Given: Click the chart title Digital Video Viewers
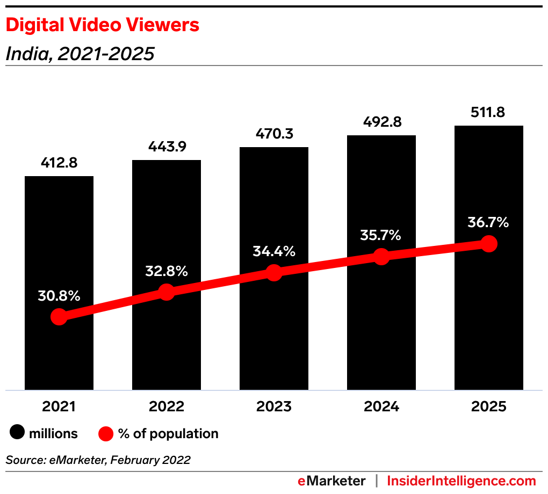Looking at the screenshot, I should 102,25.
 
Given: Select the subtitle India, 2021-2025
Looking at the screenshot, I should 80,54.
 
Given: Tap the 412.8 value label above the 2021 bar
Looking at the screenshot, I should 59,163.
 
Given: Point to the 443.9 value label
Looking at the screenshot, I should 167,147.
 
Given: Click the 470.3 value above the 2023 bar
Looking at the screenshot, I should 274,134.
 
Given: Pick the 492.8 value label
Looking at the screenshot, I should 381,122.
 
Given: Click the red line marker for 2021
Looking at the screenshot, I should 59,317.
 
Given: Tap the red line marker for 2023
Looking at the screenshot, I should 274,272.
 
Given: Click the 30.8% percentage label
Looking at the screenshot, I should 59,295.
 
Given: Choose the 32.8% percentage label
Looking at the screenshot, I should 167,271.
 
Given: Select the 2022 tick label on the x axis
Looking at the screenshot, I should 167,406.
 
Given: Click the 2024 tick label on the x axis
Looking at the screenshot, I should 381,406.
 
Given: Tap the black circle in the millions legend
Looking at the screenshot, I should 18,433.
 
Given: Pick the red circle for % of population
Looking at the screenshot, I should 106,433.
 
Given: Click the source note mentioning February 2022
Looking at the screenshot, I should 98,460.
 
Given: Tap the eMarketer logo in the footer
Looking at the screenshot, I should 331,481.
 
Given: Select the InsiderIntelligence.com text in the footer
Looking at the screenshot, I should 462,481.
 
